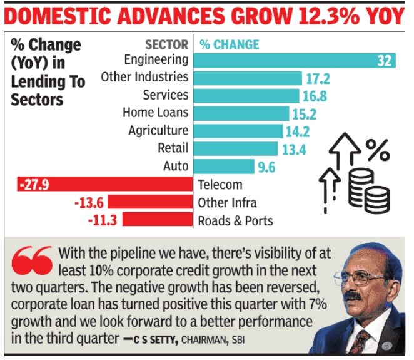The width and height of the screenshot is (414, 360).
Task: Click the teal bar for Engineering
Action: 294,60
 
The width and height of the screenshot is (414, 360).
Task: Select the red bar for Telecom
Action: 104,185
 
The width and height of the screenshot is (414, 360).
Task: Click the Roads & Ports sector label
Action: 235,221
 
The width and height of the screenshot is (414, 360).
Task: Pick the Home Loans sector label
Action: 155,113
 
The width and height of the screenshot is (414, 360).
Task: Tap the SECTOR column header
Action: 166,44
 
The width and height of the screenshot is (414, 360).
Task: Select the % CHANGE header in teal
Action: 230,44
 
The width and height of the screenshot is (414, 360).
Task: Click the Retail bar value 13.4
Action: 264,149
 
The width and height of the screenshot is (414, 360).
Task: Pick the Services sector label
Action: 165,95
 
